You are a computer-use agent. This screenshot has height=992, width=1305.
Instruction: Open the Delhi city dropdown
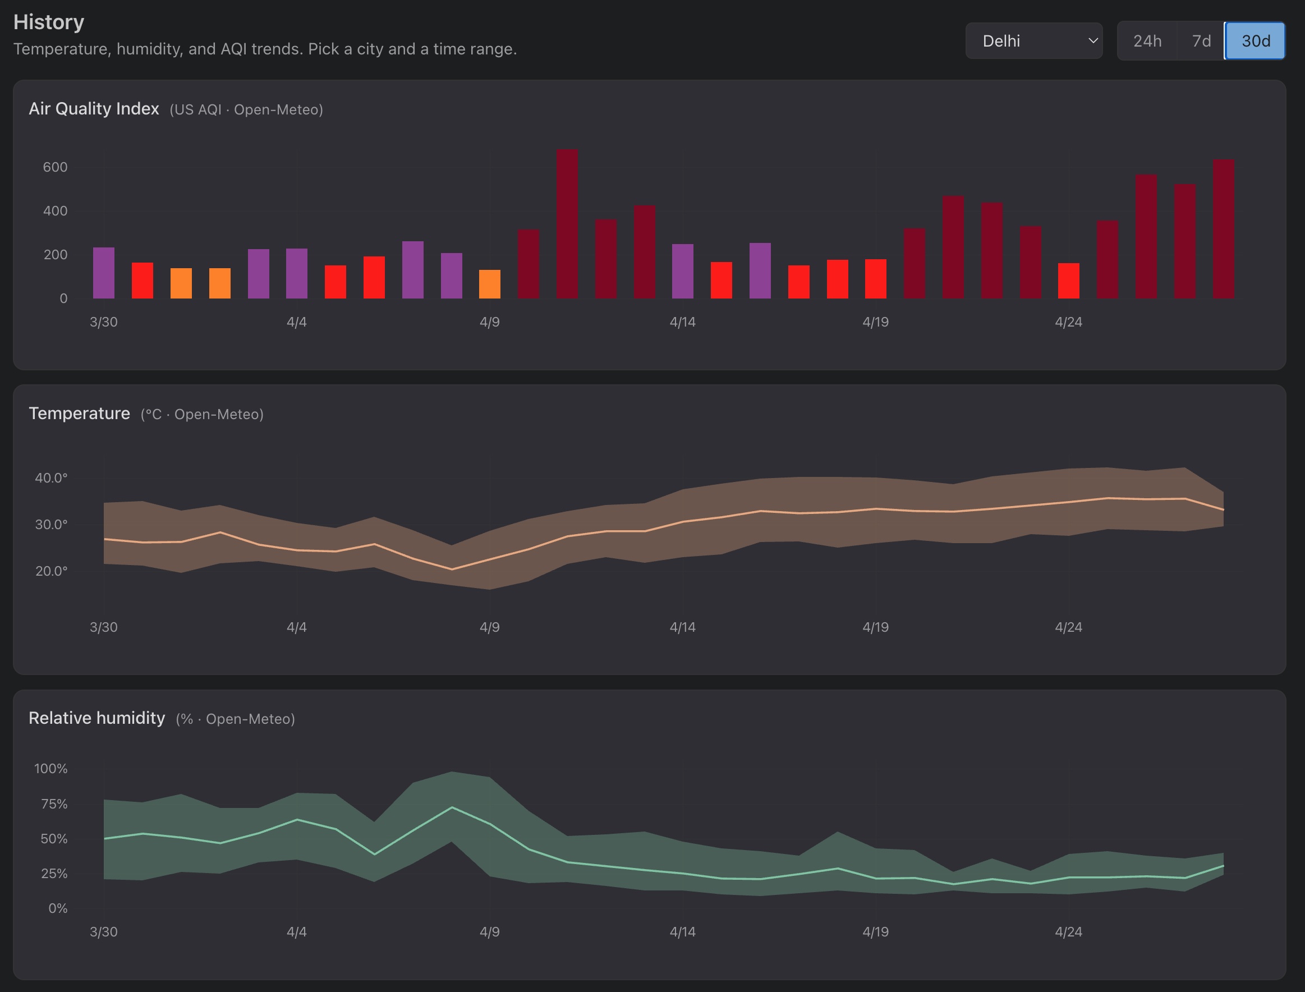click(1033, 41)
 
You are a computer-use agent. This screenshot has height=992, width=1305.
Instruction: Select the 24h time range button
click(1147, 41)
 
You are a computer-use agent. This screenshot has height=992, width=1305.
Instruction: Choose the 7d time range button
click(1201, 41)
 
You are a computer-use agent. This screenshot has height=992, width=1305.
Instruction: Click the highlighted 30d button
click(1255, 41)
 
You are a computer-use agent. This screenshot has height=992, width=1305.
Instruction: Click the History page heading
click(49, 22)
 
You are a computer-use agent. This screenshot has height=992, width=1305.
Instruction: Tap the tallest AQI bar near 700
click(567, 224)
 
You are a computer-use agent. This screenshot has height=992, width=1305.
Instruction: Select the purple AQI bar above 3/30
click(104, 273)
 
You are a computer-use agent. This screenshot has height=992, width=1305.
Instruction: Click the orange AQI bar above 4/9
click(490, 284)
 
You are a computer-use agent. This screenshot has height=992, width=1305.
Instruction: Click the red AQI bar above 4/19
click(875, 279)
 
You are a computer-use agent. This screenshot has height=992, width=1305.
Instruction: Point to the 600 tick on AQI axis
click(55, 167)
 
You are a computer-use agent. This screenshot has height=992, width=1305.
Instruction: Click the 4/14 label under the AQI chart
click(682, 322)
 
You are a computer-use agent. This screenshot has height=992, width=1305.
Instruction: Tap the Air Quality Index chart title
click(94, 109)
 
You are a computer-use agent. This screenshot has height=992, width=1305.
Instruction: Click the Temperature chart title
click(79, 414)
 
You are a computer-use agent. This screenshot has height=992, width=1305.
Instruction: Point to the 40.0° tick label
click(51, 477)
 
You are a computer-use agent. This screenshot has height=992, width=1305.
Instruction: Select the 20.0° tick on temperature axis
click(51, 571)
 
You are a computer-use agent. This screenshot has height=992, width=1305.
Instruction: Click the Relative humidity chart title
click(97, 718)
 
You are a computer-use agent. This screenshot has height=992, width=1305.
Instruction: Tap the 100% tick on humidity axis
click(51, 769)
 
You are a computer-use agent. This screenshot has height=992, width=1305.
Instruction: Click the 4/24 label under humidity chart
click(1068, 932)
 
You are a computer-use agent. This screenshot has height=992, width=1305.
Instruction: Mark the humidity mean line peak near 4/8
click(452, 807)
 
